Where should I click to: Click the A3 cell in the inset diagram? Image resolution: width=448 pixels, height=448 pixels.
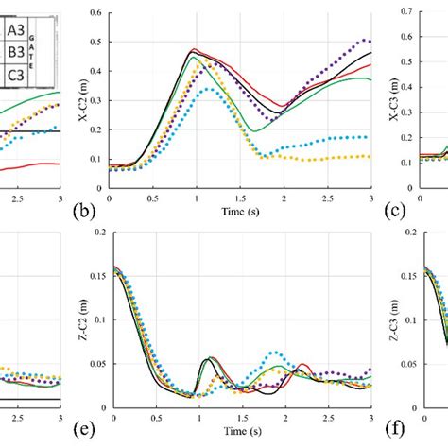16,29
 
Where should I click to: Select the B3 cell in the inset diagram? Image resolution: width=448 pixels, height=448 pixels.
16,51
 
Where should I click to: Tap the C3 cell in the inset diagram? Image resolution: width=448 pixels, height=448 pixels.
16,74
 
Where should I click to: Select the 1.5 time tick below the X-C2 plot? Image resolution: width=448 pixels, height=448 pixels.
241,200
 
